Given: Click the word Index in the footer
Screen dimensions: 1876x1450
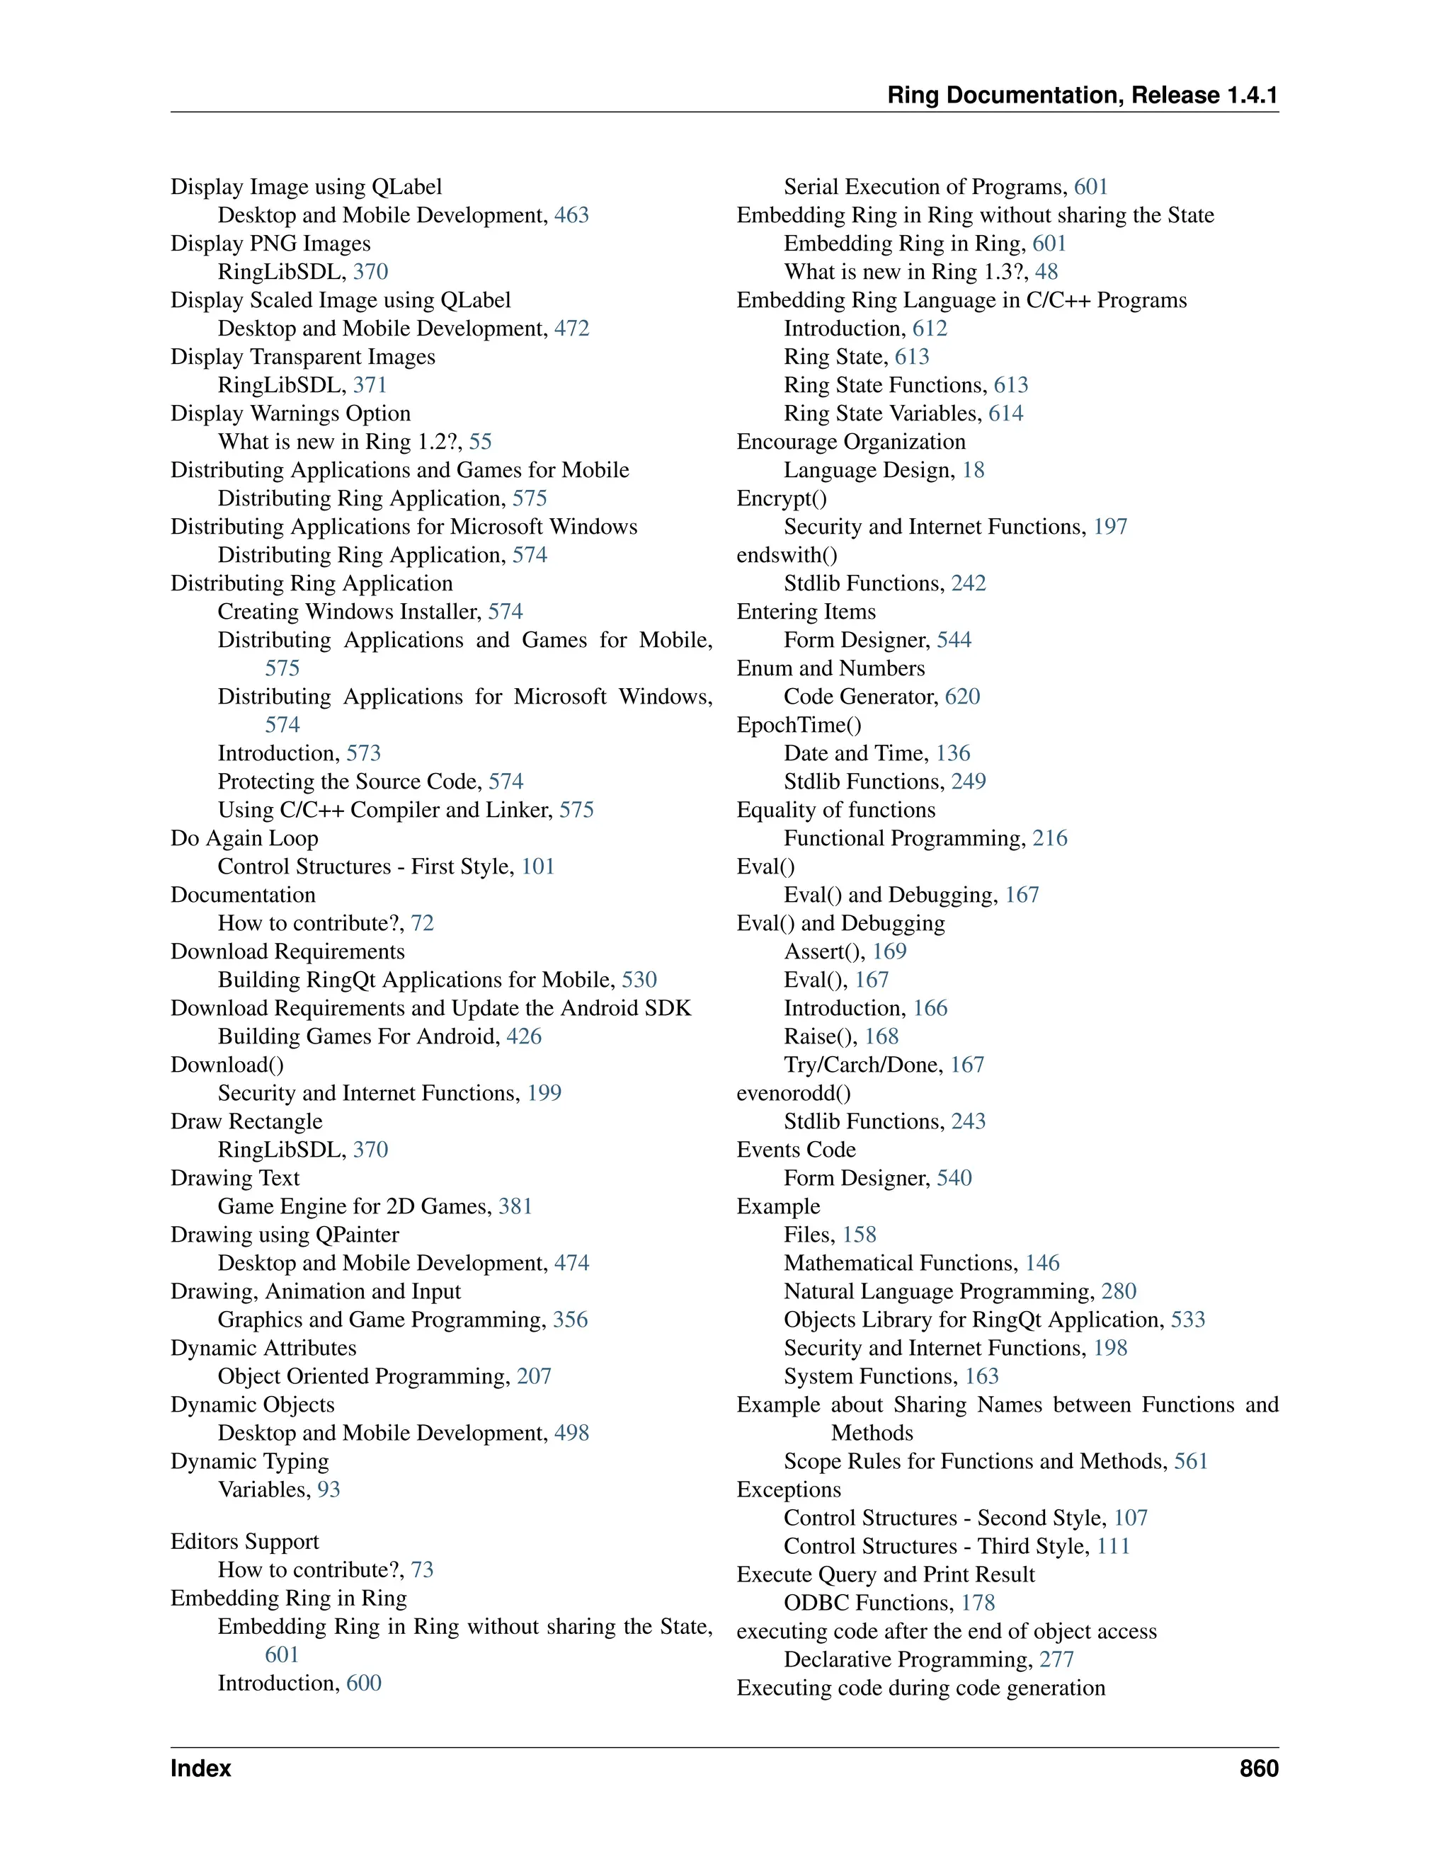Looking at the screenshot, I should coord(200,1768).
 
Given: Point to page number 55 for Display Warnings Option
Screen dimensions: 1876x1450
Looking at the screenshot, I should coord(480,442).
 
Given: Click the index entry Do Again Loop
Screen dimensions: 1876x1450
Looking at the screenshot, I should coord(244,837).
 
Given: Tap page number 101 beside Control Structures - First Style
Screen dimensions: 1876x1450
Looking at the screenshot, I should coord(538,866).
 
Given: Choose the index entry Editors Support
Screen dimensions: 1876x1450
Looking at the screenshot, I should coord(245,1541).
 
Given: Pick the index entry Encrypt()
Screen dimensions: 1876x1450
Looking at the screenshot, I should coord(782,498).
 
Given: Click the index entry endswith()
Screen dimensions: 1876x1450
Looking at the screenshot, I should coord(787,555).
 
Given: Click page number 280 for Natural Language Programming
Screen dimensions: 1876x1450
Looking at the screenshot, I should coord(1119,1291).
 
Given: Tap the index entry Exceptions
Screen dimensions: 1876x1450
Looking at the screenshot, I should coord(789,1489).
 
